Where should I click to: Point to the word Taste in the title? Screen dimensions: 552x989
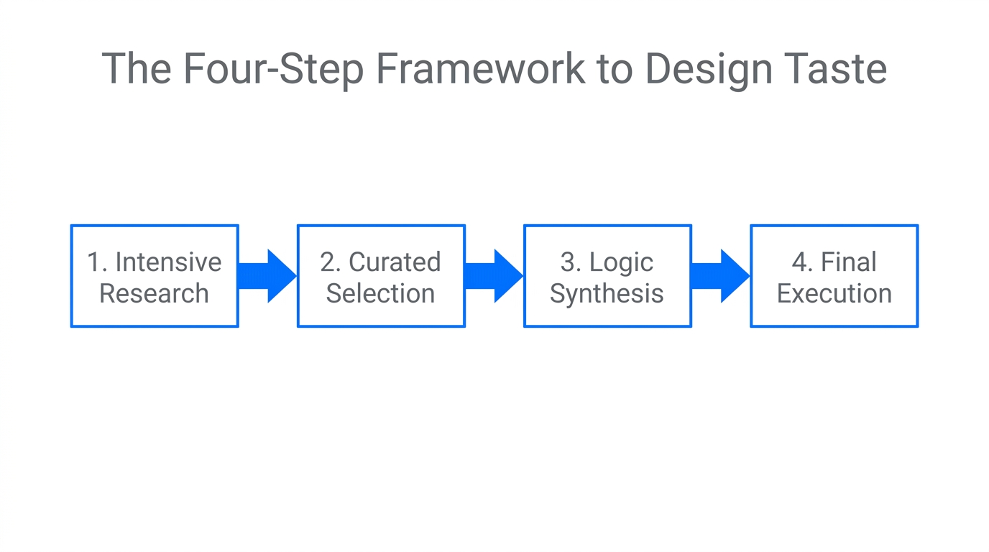838,69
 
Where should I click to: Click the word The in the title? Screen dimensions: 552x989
137,69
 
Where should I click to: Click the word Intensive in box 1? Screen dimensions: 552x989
168,262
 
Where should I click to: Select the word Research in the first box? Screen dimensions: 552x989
154,293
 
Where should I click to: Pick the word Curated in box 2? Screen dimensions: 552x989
395,262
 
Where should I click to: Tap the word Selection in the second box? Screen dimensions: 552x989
380,293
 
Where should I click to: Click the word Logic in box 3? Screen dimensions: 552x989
621,263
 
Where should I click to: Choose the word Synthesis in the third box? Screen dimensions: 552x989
607,294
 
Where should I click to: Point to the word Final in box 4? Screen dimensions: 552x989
848,262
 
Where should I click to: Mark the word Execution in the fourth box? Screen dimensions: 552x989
834,293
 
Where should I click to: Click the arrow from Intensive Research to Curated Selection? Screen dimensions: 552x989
267,276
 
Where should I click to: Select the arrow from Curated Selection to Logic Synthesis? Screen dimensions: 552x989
493,276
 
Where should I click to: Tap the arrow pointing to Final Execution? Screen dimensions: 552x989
719,276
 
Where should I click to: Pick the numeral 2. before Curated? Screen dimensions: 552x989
331,262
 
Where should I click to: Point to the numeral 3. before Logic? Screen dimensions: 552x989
571,262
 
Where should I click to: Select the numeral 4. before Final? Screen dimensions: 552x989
801,262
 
